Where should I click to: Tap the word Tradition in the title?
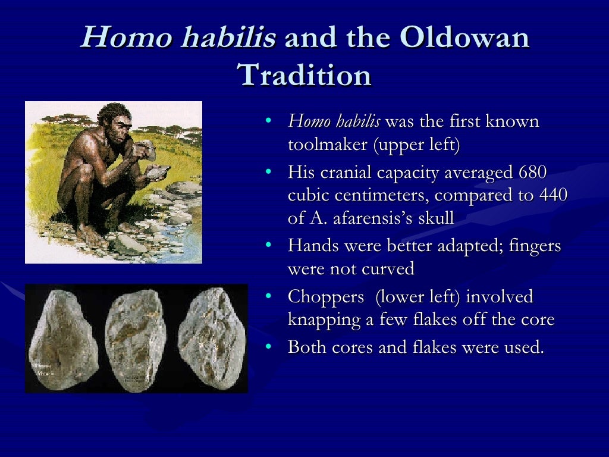[x=304, y=76]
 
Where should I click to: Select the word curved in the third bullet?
[x=388, y=269]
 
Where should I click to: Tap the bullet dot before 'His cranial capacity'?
[x=269, y=173]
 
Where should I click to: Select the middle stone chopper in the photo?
[x=136, y=337]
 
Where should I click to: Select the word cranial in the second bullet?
[x=346, y=173]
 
